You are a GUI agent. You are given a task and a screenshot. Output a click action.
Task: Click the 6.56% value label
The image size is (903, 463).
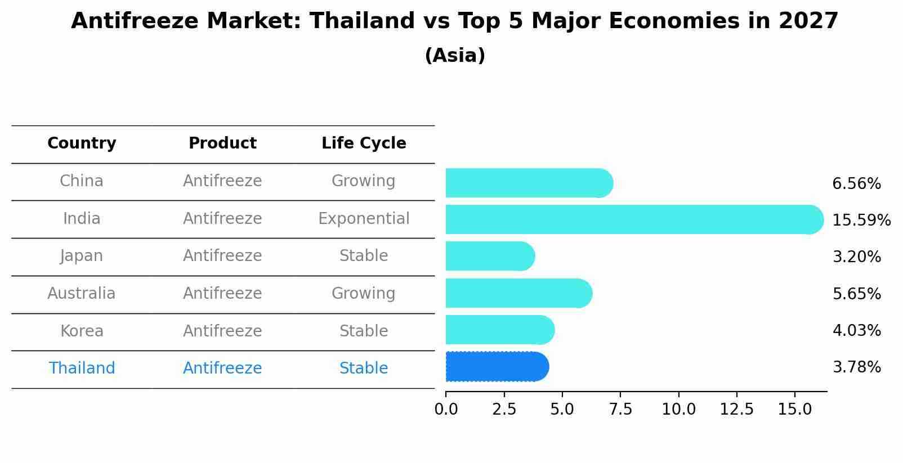pyautogui.click(x=856, y=184)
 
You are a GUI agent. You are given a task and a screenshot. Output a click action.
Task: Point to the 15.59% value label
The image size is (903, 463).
pyautogui.click(x=861, y=220)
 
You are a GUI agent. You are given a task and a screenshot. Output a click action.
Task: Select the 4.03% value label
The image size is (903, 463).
pyautogui.click(x=856, y=330)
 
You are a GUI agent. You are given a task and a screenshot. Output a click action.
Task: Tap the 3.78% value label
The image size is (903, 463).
pyautogui.click(x=856, y=367)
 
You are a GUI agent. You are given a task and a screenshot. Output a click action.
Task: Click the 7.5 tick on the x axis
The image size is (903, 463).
pyautogui.click(x=620, y=410)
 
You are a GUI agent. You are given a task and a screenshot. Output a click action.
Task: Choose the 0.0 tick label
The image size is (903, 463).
pyautogui.click(x=446, y=410)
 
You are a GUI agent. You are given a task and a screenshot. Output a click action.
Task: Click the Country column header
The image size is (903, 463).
pyautogui.click(x=82, y=143)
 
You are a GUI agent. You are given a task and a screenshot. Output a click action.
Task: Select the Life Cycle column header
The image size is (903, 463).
pyautogui.click(x=364, y=143)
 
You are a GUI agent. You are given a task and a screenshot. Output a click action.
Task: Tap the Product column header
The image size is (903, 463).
pyautogui.click(x=222, y=143)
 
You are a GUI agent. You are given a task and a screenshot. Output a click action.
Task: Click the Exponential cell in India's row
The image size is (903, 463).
pyautogui.click(x=364, y=218)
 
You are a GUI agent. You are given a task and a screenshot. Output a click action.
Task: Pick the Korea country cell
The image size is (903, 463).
pyautogui.click(x=82, y=331)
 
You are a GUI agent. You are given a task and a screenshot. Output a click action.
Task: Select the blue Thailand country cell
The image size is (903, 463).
pyautogui.click(x=82, y=368)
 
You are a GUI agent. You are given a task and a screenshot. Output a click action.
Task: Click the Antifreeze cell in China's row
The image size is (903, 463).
pyautogui.click(x=222, y=181)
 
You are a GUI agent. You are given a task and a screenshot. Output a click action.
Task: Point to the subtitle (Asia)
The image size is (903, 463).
pyautogui.click(x=455, y=56)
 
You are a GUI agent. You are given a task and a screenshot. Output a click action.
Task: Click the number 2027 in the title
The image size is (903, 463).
pyautogui.click(x=808, y=21)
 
